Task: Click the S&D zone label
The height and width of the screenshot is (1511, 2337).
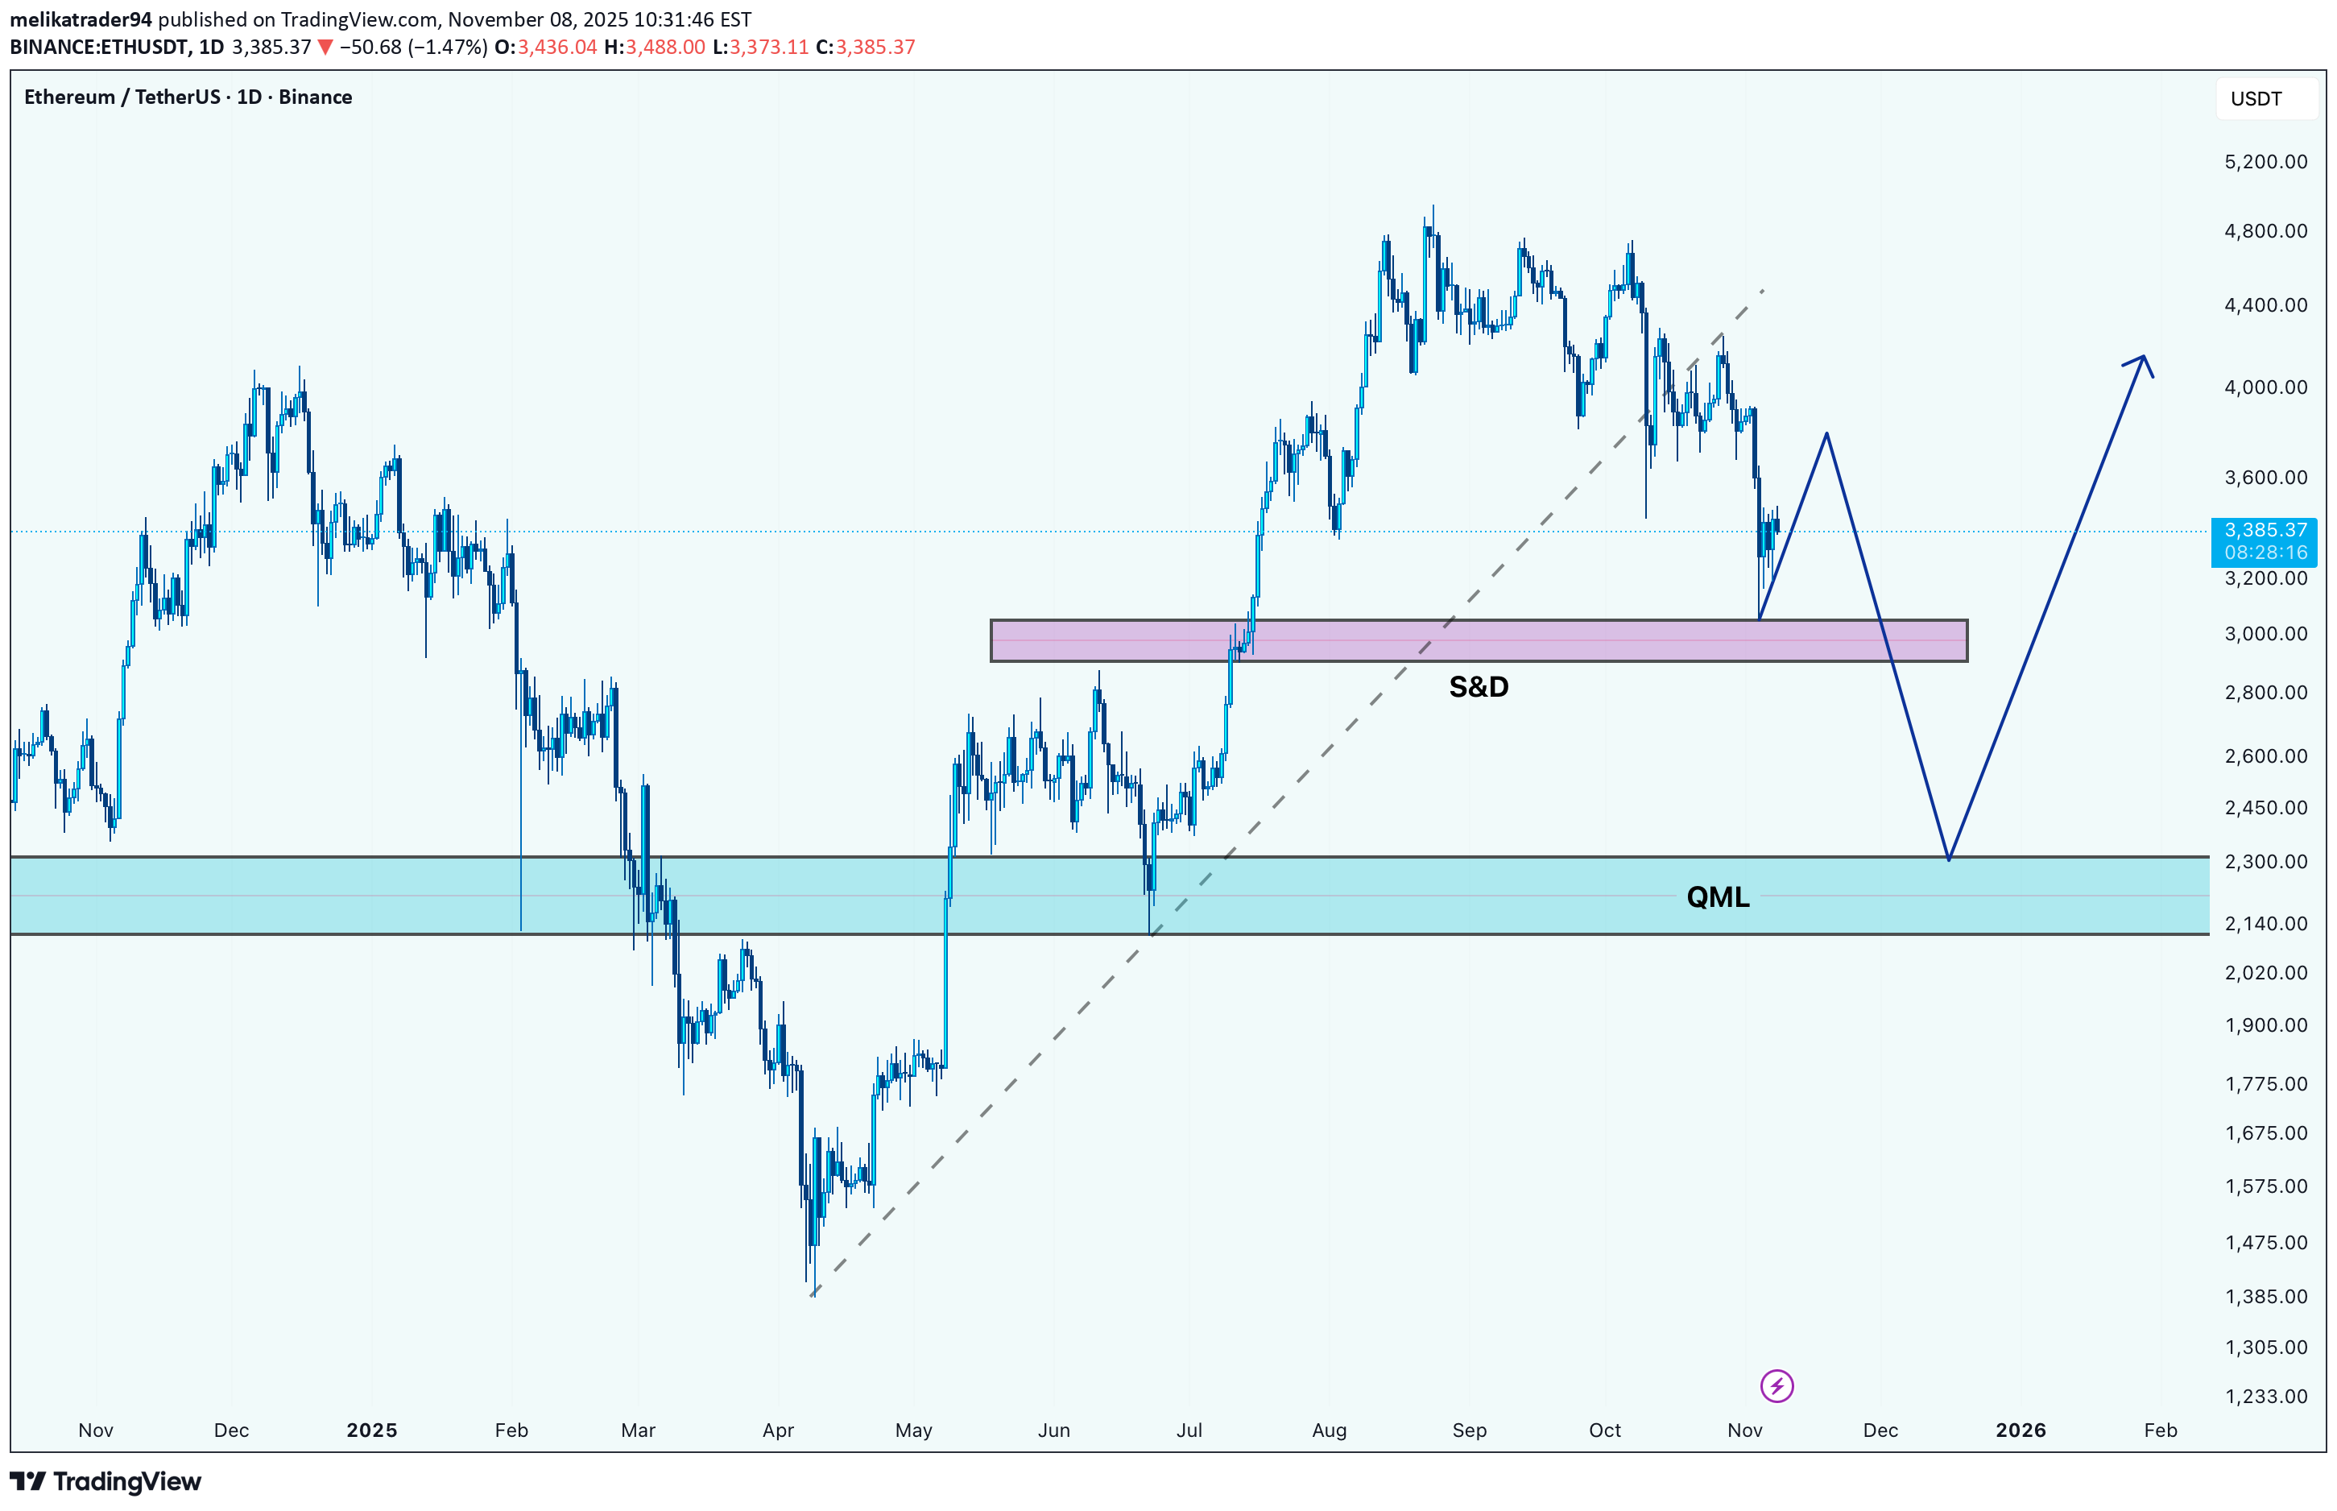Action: pyautogui.click(x=1478, y=687)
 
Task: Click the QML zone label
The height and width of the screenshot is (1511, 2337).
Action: pyautogui.click(x=1717, y=896)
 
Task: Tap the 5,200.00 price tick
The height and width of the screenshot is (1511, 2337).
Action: pyautogui.click(x=2265, y=162)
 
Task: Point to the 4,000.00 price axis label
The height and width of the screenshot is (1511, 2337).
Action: pyautogui.click(x=2265, y=387)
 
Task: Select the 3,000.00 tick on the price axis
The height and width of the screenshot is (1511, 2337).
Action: pyautogui.click(x=2265, y=634)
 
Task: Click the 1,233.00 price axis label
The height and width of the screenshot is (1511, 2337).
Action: pyautogui.click(x=2265, y=1396)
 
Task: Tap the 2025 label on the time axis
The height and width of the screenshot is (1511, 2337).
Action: pyautogui.click(x=372, y=1430)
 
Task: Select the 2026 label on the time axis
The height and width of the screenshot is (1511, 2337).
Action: pyautogui.click(x=2021, y=1430)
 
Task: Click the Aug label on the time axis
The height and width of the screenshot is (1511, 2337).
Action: pyautogui.click(x=1329, y=1430)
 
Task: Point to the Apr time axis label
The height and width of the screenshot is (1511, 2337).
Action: pyautogui.click(x=778, y=1430)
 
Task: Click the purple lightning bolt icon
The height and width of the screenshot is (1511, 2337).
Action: pyautogui.click(x=1776, y=1386)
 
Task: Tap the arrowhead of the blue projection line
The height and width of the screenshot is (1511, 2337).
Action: pyautogui.click(x=2143, y=360)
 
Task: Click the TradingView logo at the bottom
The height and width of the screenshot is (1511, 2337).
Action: pyautogui.click(x=106, y=1481)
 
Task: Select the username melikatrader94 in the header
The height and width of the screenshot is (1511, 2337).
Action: pyautogui.click(x=81, y=19)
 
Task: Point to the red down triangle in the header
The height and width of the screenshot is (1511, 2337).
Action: pyautogui.click(x=325, y=47)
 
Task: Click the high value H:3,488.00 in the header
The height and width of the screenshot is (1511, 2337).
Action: pyautogui.click(x=654, y=47)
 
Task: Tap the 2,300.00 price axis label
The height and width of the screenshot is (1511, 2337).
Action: pyautogui.click(x=2265, y=862)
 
